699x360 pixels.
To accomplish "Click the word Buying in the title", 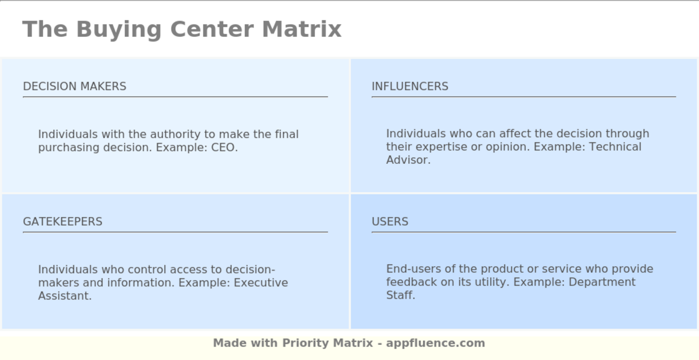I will [118, 29].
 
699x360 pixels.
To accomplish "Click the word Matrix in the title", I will [302, 29].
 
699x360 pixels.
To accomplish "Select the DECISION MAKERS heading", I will [74, 86].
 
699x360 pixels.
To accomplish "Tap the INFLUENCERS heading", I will [410, 86].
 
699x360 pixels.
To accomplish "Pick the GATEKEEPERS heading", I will [62, 222].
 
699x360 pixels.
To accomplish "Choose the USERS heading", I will [390, 222].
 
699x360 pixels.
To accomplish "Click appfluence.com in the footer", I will [435, 344].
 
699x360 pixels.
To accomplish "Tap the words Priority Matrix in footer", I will [328, 344].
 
